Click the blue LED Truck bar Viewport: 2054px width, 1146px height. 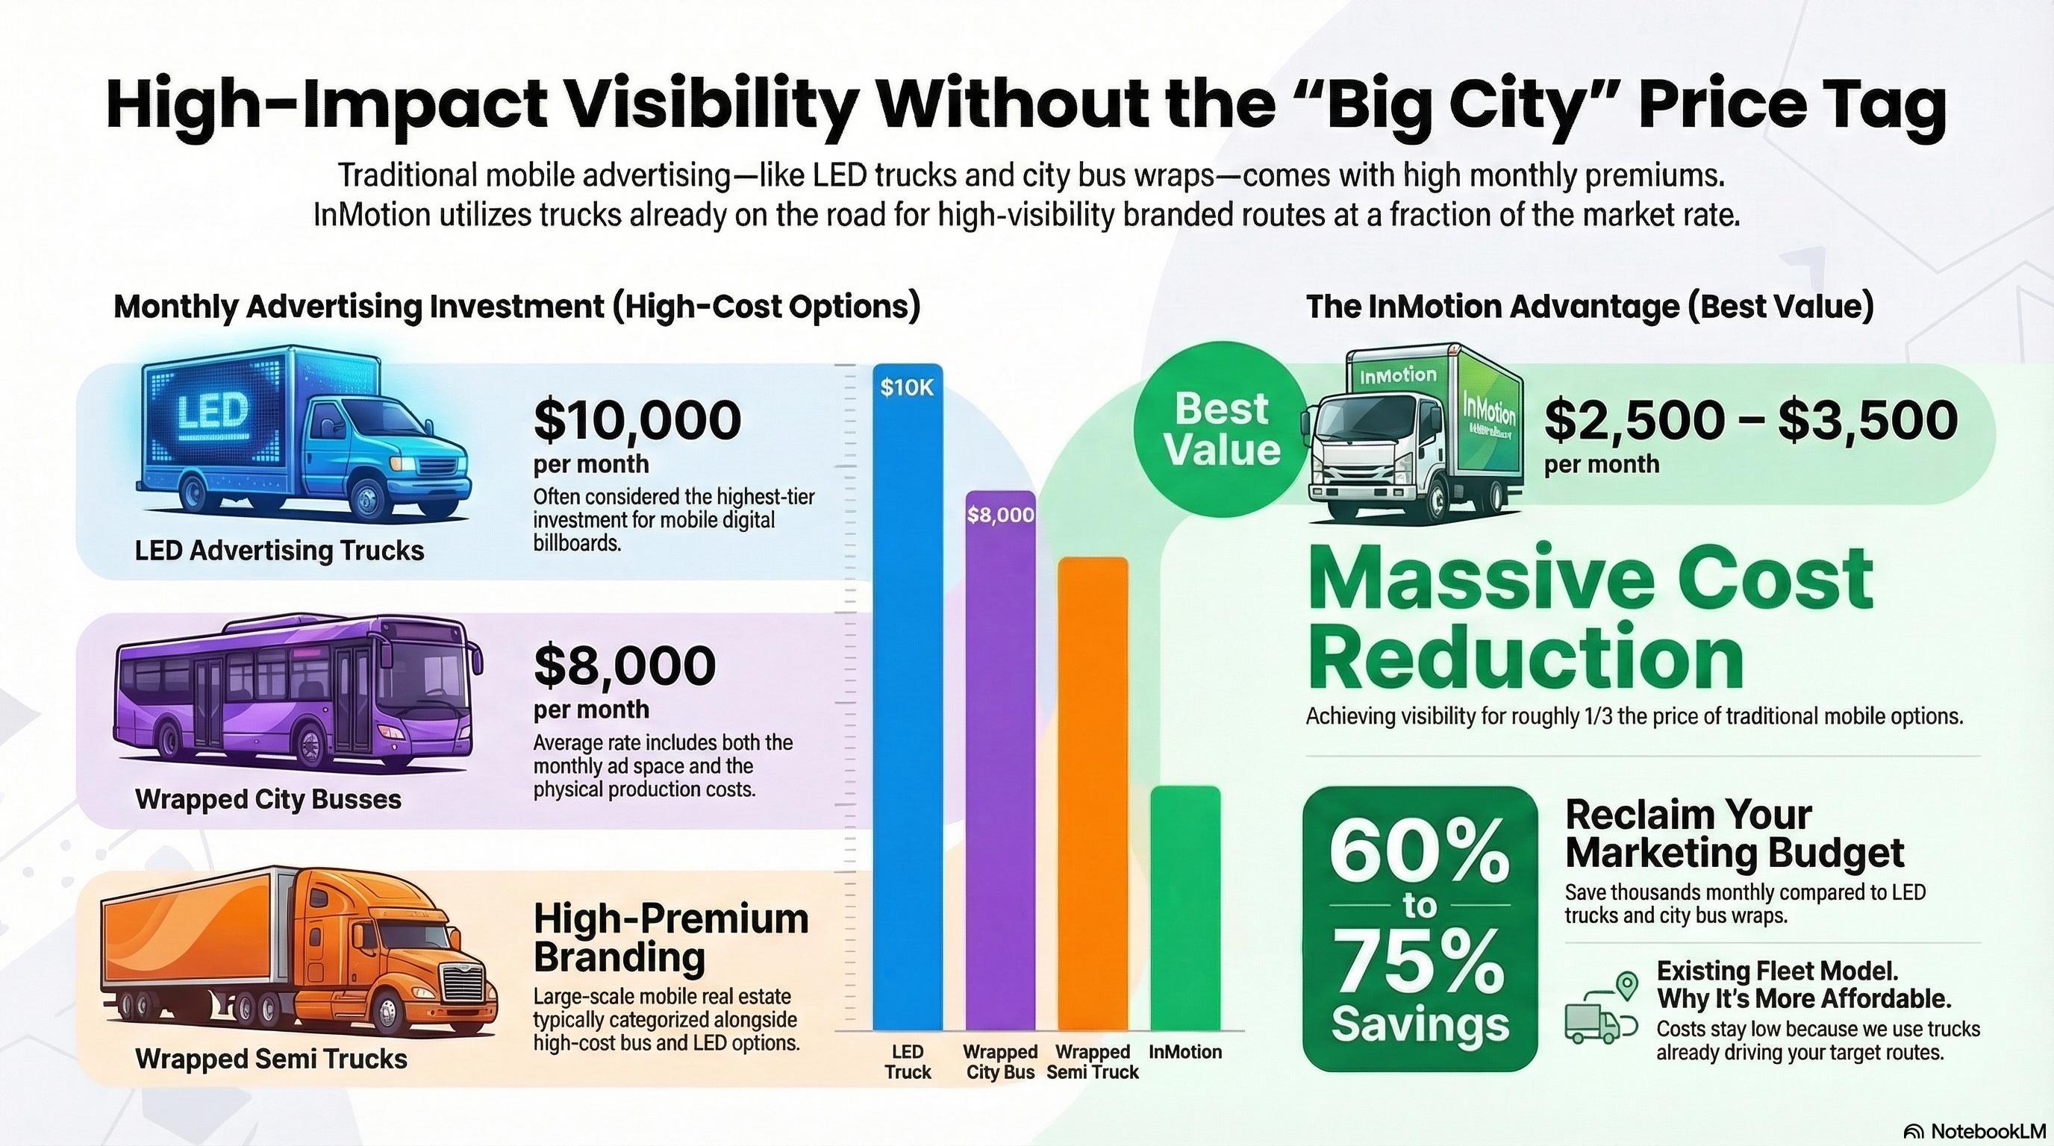(908, 698)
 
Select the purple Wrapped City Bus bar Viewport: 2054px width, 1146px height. (1000, 761)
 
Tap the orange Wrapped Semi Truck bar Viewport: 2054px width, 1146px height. (1093, 795)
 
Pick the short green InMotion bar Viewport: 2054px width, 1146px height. (1186, 909)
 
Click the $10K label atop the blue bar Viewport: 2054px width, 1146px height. (908, 387)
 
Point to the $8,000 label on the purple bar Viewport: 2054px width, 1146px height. (1001, 516)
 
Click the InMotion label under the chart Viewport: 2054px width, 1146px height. (1186, 1052)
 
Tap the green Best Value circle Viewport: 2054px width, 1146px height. (1222, 429)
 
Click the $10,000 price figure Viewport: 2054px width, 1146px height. (637, 420)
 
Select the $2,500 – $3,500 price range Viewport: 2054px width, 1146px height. (1751, 420)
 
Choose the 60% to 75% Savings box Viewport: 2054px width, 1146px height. (1420, 928)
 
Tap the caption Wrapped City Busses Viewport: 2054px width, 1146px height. (269, 799)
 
